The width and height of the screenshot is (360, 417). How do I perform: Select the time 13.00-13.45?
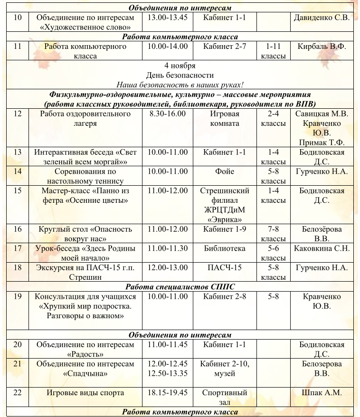click(x=168, y=18)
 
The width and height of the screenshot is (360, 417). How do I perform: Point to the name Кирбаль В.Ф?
click(x=322, y=47)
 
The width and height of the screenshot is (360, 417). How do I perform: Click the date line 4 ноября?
click(x=180, y=66)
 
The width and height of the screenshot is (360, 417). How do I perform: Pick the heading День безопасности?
click(x=180, y=75)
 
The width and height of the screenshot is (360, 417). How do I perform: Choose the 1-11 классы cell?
click(x=274, y=51)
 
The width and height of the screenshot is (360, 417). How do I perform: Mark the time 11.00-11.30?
click(x=168, y=248)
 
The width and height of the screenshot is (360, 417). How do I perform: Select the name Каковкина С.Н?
click(x=322, y=248)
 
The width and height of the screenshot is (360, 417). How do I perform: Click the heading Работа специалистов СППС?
click(x=180, y=287)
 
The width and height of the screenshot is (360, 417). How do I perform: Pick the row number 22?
click(x=18, y=393)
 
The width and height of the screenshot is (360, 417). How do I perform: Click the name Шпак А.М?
click(x=322, y=393)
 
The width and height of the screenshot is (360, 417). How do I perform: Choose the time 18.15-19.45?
click(x=168, y=393)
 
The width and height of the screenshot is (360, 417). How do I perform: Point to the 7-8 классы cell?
click(x=274, y=234)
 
